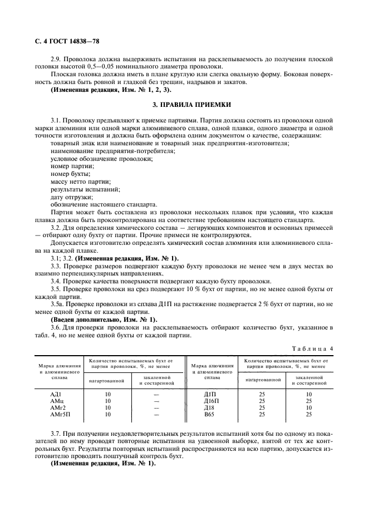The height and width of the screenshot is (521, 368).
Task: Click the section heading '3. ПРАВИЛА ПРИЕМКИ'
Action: click(x=183, y=105)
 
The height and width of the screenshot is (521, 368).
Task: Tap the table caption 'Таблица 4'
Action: click(x=315, y=348)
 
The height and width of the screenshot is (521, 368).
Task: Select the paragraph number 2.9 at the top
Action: click(x=57, y=59)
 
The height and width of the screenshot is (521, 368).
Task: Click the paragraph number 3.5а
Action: click(x=58, y=304)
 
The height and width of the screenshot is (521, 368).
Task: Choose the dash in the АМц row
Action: click(x=156, y=401)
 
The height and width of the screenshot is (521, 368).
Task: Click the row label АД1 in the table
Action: click(x=58, y=394)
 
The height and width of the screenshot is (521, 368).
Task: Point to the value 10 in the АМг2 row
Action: click(x=108, y=407)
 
